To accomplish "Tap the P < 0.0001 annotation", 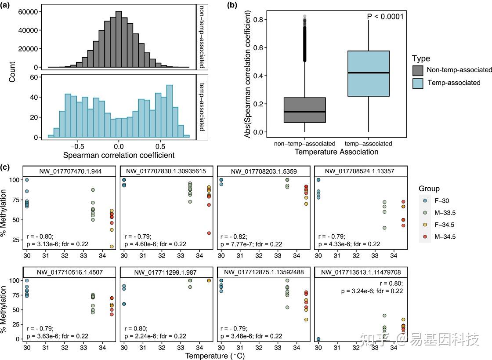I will click(385, 17).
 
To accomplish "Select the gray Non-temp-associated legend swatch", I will click(418, 70).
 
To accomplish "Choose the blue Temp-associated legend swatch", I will click(418, 83).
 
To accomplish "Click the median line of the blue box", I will click(369, 73).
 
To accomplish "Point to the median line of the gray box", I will click(305, 112).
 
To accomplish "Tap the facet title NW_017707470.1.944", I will click(70, 171).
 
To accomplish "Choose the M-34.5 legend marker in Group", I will click(426, 236).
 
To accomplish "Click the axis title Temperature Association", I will click(336, 152).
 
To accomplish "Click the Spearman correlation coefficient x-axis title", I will click(119, 155).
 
